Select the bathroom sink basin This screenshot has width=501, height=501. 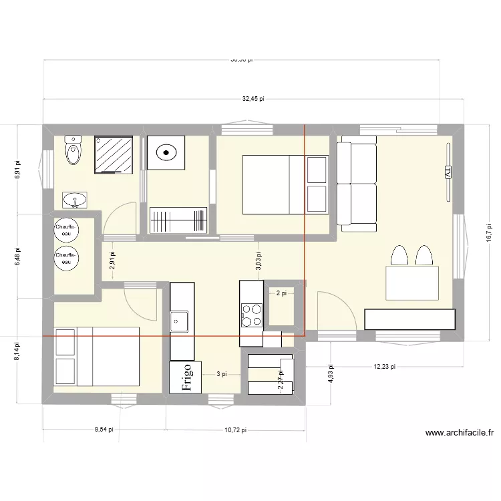pos(75,199)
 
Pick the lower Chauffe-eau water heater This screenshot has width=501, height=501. pos(66,258)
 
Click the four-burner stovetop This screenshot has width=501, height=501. pos(251,315)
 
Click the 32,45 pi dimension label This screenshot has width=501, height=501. pos(253,98)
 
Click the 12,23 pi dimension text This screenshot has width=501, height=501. pos(385,366)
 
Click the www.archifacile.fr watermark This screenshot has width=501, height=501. pos(459,433)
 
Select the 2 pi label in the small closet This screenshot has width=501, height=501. pos(281,293)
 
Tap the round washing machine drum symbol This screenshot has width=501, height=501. pos(164,153)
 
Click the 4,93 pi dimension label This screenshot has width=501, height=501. pos(330,372)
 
